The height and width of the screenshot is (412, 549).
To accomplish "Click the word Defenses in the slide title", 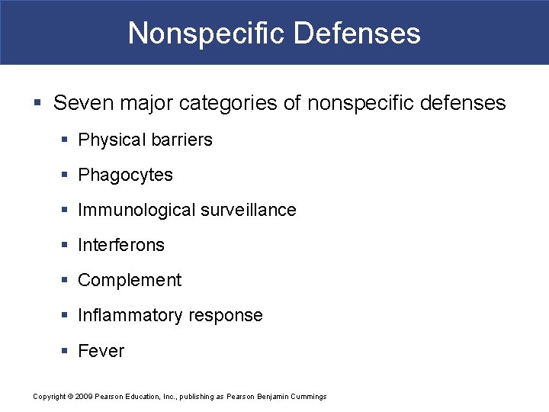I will click(357, 34).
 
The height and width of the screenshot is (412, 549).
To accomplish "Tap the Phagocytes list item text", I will click(126, 175).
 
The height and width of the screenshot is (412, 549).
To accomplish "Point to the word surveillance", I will click(249, 210).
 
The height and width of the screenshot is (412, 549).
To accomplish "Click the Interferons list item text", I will click(121, 245).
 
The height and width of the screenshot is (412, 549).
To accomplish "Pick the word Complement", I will click(130, 280).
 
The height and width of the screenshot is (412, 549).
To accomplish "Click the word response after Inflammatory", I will click(226, 315).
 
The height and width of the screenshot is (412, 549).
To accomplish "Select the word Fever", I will click(101, 351).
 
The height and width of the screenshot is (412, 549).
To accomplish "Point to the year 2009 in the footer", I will click(83, 396).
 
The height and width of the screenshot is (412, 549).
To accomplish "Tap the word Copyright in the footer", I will click(50, 396).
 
